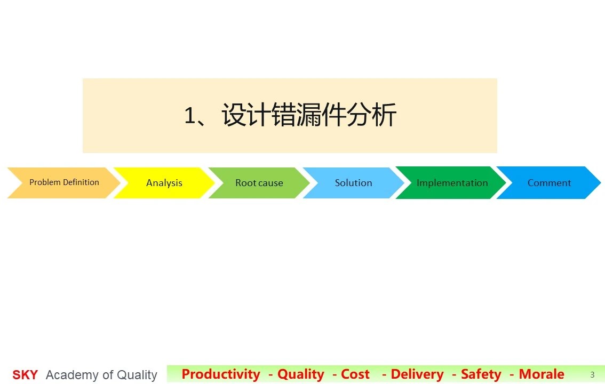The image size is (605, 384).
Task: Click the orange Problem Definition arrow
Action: pyautogui.click(x=64, y=183)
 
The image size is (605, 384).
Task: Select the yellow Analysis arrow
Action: pyautogui.click(x=164, y=183)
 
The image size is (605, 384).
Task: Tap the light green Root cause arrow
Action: pyautogui.click(x=259, y=183)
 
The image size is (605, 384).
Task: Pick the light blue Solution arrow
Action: pyautogui.click(x=353, y=183)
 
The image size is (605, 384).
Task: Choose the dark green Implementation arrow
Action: pyautogui.click(x=451, y=183)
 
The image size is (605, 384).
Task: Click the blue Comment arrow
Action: pyautogui.click(x=548, y=183)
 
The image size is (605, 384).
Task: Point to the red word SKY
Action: pyautogui.click(x=25, y=375)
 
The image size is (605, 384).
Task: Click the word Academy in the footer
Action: pyautogui.click(x=72, y=375)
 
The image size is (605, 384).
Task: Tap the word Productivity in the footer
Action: pyautogui.click(x=221, y=374)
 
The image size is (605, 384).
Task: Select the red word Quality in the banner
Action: pyautogui.click(x=301, y=374)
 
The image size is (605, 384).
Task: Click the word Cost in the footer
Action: pyautogui.click(x=355, y=374)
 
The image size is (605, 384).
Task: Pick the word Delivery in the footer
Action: pyautogui.click(x=417, y=374)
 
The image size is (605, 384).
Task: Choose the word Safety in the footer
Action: pyautogui.click(x=481, y=374)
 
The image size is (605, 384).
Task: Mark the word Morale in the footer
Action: pyautogui.click(x=542, y=374)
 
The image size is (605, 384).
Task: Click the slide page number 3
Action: pyautogui.click(x=592, y=375)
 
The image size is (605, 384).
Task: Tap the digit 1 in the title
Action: pyautogui.click(x=190, y=115)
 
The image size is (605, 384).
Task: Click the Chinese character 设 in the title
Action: pyautogui.click(x=234, y=115)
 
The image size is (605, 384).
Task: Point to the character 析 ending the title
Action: pyautogui.click(x=384, y=115)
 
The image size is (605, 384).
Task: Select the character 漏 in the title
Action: pyautogui.click(x=309, y=115)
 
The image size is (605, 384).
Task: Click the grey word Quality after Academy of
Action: pyautogui.click(x=137, y=375)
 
